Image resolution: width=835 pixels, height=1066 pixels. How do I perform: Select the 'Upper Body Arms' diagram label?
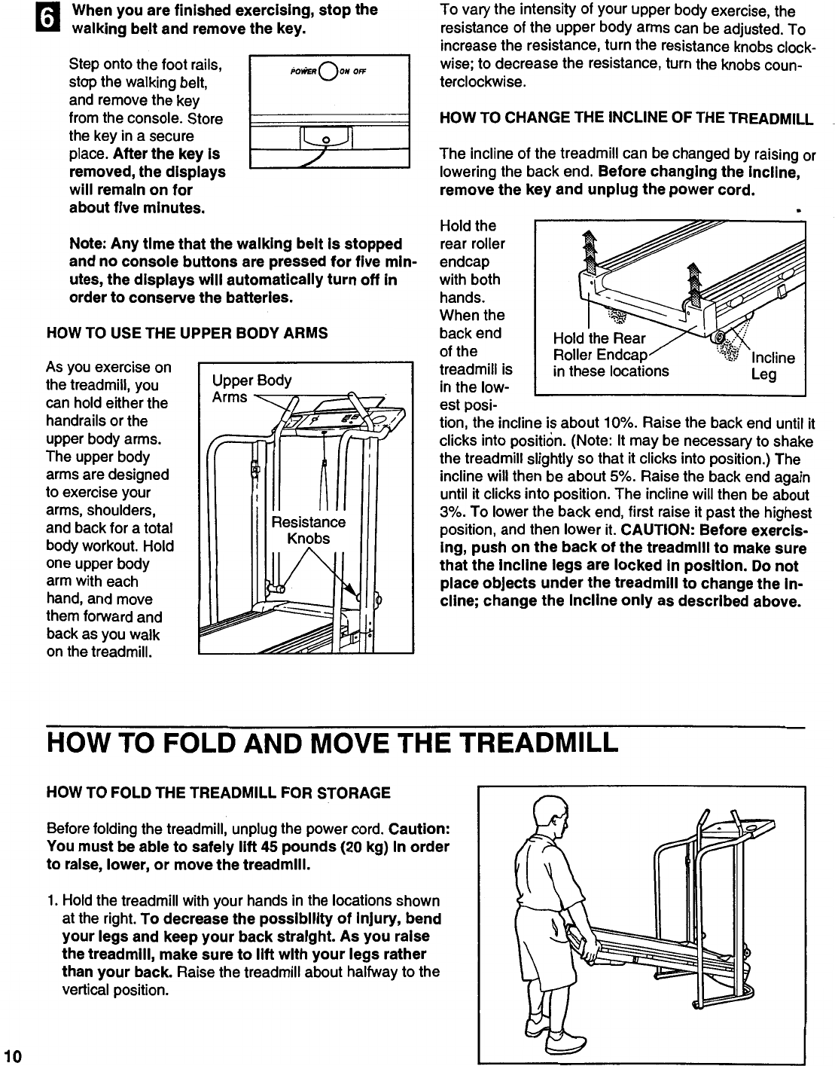click(x=251, y=388)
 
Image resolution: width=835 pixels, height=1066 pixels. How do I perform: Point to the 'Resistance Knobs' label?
click(x=309, y=530)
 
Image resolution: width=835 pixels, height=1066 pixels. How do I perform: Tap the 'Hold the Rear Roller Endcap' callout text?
click(x=610, y=354)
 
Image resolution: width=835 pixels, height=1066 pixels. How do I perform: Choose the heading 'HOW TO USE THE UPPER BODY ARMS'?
click(x=187, y=332)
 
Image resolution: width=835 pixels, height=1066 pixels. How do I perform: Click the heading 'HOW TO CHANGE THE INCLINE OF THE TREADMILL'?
click(x=626, y=118)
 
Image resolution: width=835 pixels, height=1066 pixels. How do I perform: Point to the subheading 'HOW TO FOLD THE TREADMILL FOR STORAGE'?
click(x=218, y=793)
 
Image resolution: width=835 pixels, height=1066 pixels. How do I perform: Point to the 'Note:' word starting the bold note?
click(x=88, y=244)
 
